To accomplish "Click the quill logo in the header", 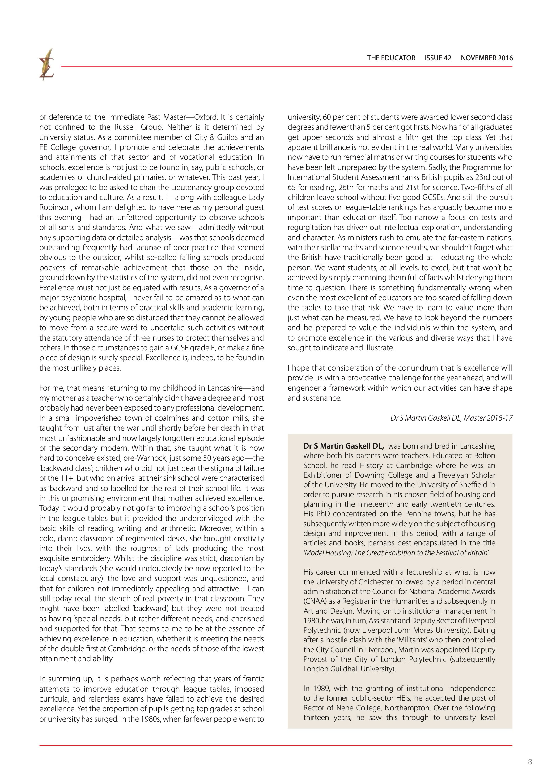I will pyautogui.click(x=46, y=65).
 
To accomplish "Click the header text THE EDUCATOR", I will pyautogui.click(x=391, y=58).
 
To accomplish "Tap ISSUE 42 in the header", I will pyautogui.click(x=438, y=58).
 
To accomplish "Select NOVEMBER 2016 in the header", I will pyautogui.click(x=487, y=58).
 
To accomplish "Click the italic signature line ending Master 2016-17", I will pyautogui.click(x=451, y=418).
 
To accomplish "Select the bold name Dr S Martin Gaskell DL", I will pyautogui.click(x=343, y=446).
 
